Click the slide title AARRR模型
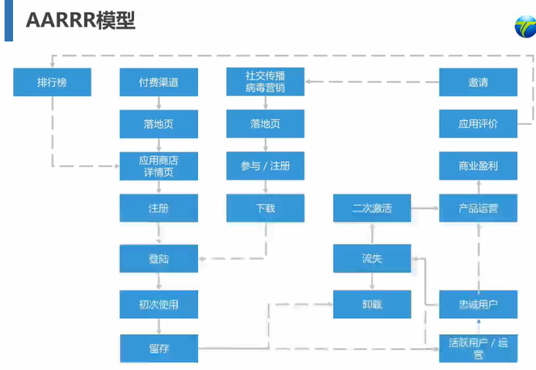tap(80, 20)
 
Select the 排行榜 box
tap(52, 82)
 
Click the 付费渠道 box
tap(159, 82)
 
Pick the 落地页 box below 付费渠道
tap(159, 124)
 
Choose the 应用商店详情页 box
tap(159, 166)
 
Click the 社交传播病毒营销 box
tap(265, 82)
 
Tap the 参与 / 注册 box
tap(265, 166)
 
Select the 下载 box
tap(265, 208)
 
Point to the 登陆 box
tap(159, 259)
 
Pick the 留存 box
tap(159, 348)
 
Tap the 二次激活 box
tap(372, 208)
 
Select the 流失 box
tap(372, 259)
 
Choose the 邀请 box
tap(478, 82)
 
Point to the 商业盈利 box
tap(478, 166)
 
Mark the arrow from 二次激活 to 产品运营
tap(425, 207)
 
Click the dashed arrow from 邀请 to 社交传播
tap(372, 82)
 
